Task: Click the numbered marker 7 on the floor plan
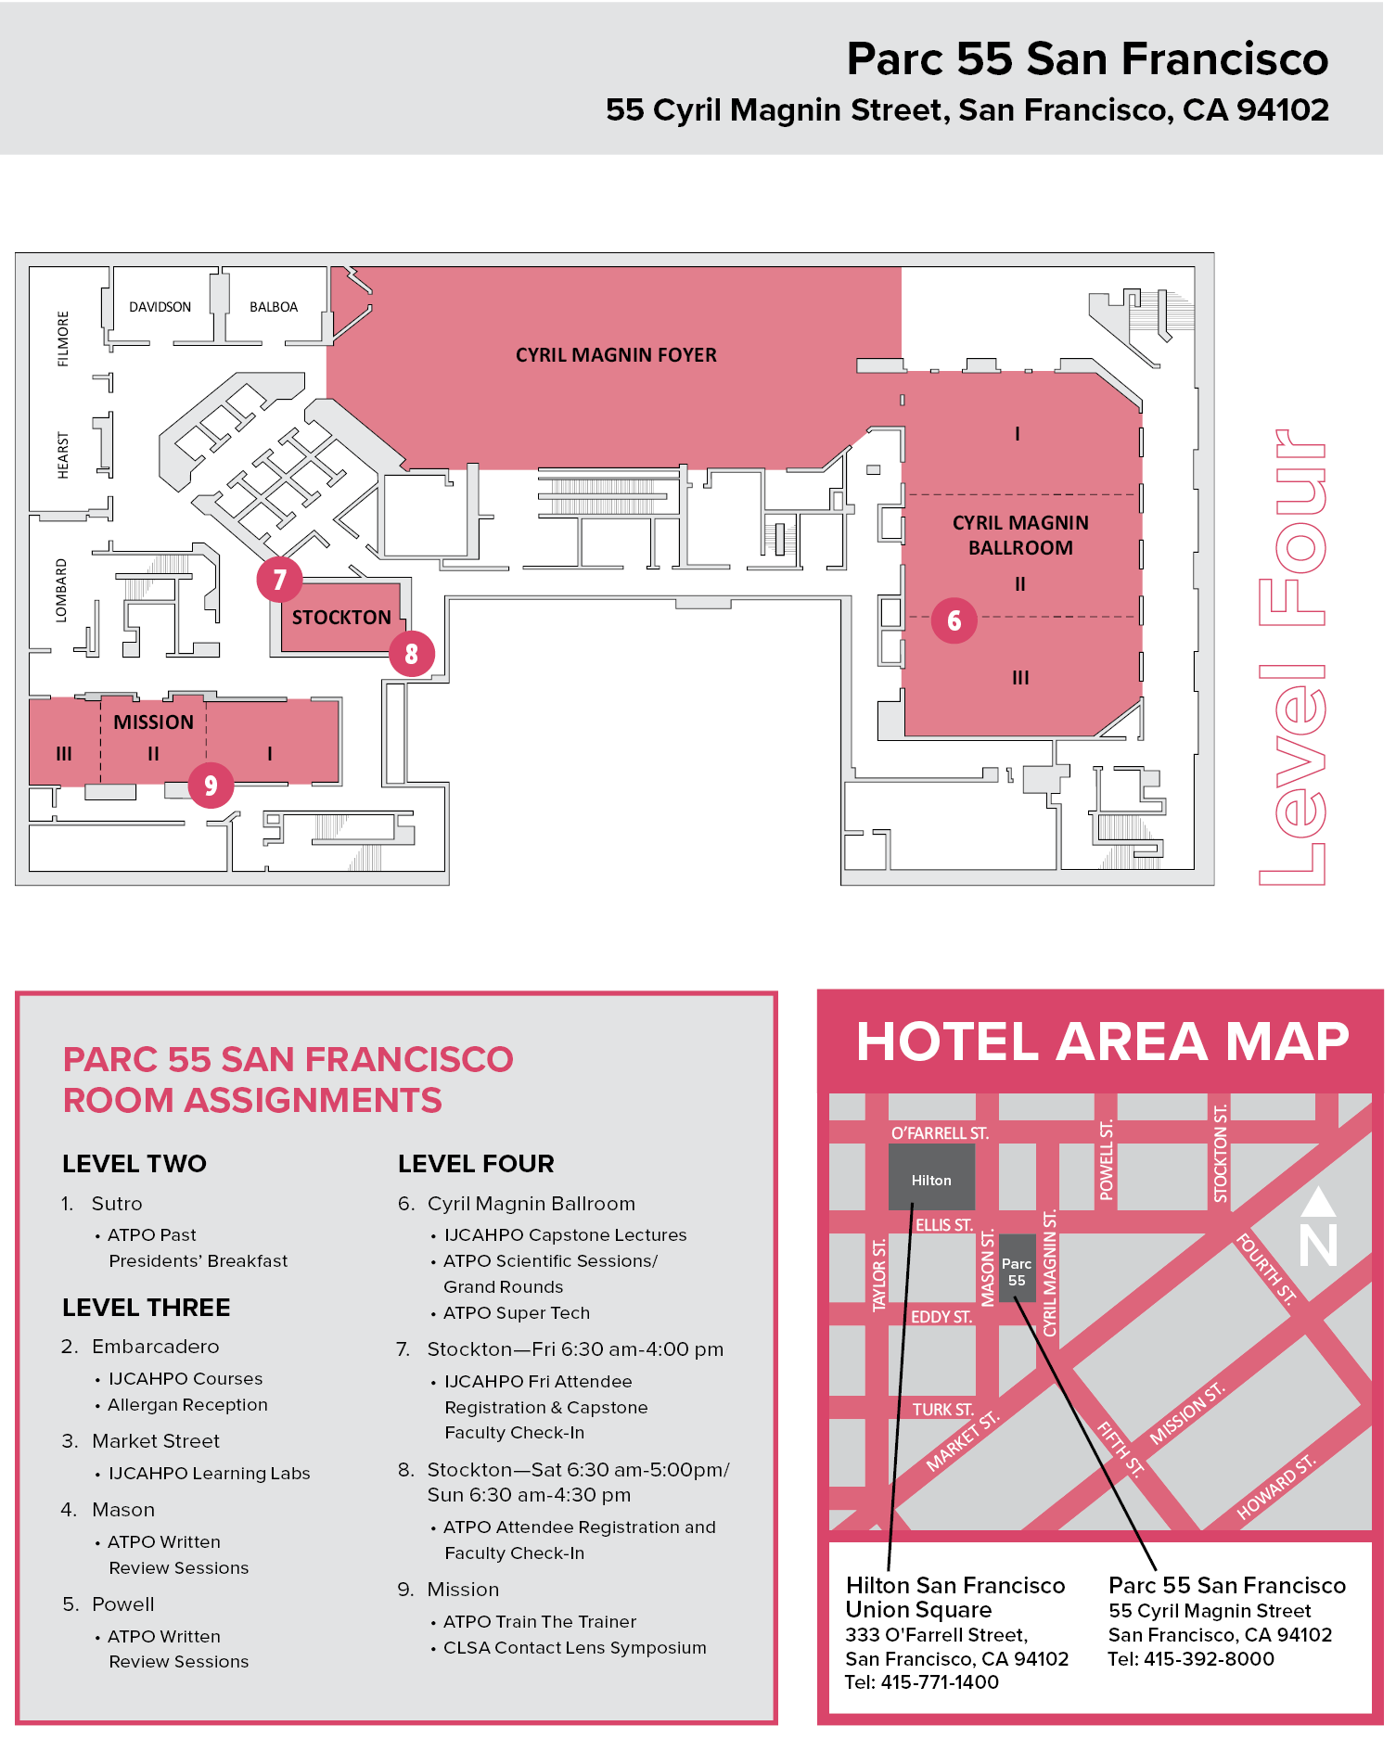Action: tap(279, 580)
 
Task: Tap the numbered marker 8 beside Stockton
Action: tap(412, 654)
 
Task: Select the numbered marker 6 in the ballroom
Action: tap(954, 620)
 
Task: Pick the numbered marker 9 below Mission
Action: tap(211, 786)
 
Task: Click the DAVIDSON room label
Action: tap(160, 307)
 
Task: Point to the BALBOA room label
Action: tap(274, 307)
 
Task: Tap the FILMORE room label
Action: tap(63, 339)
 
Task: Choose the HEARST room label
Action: tap(63, 454)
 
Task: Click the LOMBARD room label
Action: tap(61, 590)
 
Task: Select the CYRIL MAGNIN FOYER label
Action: tap(616, 355)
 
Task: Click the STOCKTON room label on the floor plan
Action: tap(341, 618)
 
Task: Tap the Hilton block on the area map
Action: tap(930, 1180)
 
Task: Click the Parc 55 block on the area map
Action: tap(1017, 1272)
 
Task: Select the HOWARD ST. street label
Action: tap(1276, 1488)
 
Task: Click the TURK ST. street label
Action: tap(942, 1410)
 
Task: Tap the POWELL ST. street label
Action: tap(1106, 1160)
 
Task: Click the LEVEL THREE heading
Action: tap(147, 1308)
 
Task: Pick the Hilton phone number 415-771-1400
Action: tap(940, 1682)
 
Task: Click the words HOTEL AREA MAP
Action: tap(1102, 1042)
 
